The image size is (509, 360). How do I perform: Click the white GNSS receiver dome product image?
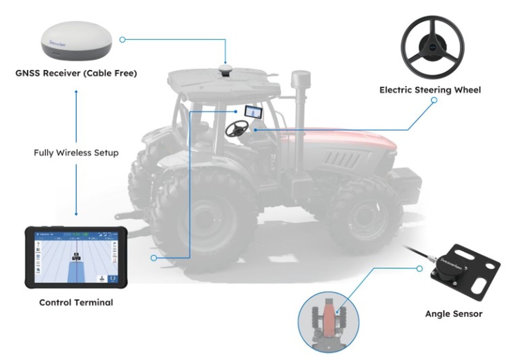click(x=76, y=40)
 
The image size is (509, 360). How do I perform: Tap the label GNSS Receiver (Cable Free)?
click(x=76, y=73)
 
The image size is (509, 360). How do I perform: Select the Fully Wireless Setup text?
click(x=76, y=153)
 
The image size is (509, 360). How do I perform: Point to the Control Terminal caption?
click(x=76, y=302)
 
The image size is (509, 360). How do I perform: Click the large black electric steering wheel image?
click(x=432, y=47)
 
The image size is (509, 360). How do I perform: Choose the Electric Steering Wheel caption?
click(x=430, y=90)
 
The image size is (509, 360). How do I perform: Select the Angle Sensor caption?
click(x=454, y=314)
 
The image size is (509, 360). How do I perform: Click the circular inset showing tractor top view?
click(x=328, y=321)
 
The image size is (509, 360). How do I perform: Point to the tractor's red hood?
click(x=345, y=139)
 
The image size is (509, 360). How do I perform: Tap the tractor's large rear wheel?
click(x=205, y=223)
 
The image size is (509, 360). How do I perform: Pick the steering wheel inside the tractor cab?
click(x=237, y=128)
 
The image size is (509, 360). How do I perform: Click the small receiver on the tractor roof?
click(x=226, y=70)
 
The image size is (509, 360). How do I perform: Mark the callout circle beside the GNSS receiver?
click(x=122, y=40)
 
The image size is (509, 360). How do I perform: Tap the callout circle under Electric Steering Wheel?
click(x=434, y=100)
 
